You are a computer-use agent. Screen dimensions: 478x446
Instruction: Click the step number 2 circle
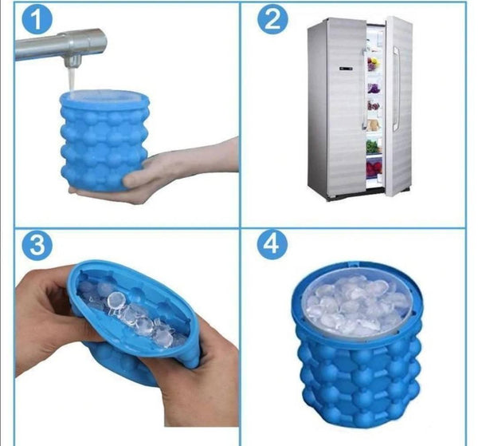click(272, 19)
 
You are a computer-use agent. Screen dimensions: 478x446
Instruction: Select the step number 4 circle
click(272, 244)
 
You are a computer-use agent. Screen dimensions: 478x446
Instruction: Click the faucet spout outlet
click(72, 62)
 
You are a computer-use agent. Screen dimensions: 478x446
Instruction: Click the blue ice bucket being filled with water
click(104, 140)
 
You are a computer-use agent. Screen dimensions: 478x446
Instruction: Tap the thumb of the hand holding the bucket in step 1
click(138, 179)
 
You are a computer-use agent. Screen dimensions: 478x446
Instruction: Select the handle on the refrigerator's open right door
click(396, 89)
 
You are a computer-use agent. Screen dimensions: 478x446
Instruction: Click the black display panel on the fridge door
click(346, 69)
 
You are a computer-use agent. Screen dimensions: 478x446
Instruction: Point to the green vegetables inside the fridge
click(373, 146)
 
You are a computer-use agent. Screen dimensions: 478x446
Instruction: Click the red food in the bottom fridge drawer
click(374, 170)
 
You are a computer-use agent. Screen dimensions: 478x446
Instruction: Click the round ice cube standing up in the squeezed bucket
click(116, 299)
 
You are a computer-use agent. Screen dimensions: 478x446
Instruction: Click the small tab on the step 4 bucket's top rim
click(355, 263)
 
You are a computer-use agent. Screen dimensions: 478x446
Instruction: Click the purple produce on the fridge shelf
click(374, 89)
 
